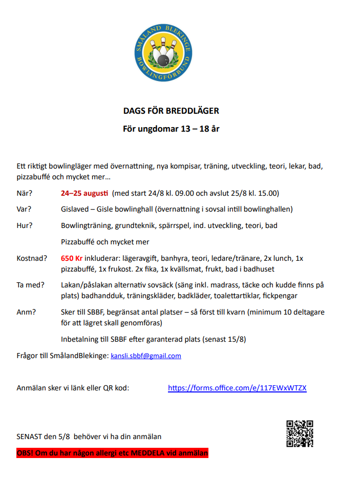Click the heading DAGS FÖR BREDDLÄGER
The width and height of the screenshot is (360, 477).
(171, 111)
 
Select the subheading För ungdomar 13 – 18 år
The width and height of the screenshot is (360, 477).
(171, 129)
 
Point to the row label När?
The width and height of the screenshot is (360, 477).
(24, 193)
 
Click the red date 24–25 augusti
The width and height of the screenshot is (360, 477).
(84, 193)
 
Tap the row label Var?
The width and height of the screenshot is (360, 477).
(24, 209)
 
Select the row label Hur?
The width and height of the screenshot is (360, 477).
(24, 225)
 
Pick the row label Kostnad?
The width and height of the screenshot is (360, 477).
(32, 258)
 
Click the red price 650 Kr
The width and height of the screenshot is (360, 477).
(72, 258)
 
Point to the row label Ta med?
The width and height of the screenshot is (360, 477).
(30, 285)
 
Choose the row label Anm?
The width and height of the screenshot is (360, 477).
(27, 312)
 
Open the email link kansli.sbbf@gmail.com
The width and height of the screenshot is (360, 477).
(146, 356)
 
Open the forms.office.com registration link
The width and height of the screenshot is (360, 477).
(237, 388)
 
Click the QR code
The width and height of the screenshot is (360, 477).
(300, 433)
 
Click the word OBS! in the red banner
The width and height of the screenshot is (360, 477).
(25, 453)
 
